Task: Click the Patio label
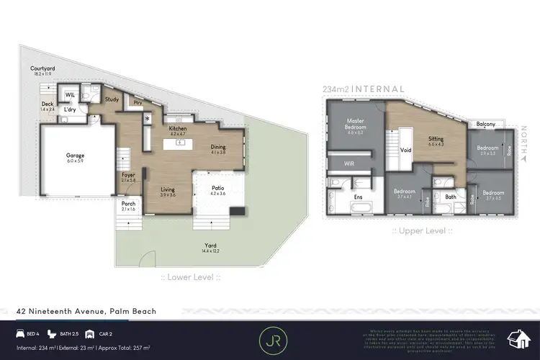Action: coord(217,190)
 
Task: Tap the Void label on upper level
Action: coord(405,150)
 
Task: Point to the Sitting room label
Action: coord(436,139)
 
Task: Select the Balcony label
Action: coord(485,124)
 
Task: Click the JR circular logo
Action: coord(270,337)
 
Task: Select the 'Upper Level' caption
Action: coord(421,230)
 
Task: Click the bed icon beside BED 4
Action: coord(22,334)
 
